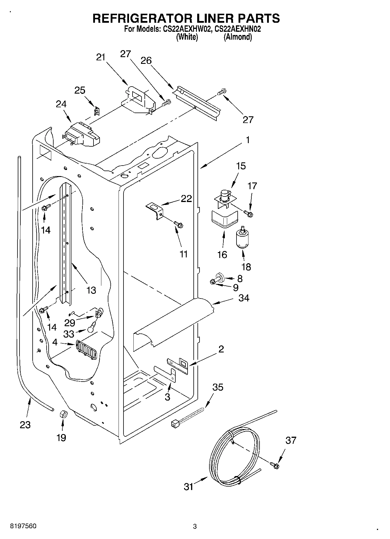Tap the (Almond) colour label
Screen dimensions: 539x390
(x=237, y=37)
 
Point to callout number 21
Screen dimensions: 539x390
(x=100, y=57)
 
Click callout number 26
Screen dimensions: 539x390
(x=146, y=60)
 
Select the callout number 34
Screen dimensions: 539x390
(x=244, y=298)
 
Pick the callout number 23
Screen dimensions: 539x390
(x=25, y=425)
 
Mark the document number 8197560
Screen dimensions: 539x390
(x=23, y=526)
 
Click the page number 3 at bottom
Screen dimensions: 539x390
(x=195, y=526)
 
